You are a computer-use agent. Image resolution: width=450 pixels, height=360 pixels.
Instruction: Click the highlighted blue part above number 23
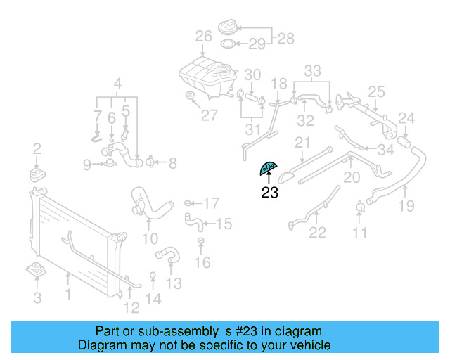tap(269, 168)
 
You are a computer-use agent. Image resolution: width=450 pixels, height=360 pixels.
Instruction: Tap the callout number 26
tap(204, 36)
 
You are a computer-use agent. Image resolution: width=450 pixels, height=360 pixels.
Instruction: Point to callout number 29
tap(257, 44)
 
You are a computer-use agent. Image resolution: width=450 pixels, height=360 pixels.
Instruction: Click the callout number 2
tap(37, 148)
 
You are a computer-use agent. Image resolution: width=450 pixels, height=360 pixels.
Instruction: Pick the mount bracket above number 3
tap(34, 270)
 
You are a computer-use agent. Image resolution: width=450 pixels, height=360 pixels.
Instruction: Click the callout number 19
tap(406, 205)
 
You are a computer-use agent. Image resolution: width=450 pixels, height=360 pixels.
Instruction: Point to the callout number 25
tap(377, 91)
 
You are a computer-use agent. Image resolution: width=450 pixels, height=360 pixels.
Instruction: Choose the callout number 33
tap(312, 70)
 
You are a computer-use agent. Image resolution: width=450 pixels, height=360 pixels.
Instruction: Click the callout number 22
tap(318, 233)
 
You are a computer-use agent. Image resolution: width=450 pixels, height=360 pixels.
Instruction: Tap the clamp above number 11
tap(359, 207)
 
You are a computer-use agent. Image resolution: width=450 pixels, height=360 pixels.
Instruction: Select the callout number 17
tap(212, 204)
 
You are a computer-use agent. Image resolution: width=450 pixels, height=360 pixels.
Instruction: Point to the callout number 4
tap(118, 82)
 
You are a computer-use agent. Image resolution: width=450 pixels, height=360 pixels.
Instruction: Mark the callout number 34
tap(385, 150)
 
